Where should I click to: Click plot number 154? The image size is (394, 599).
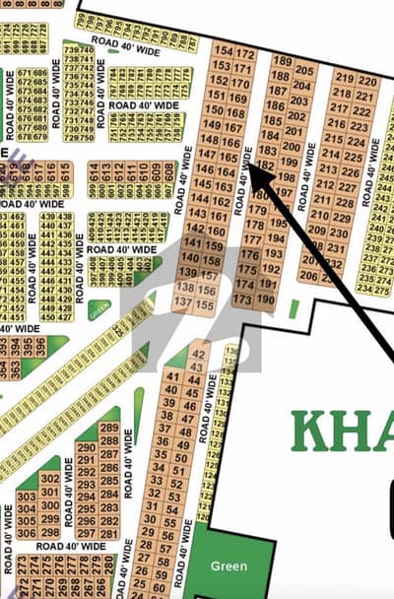tap(223, 52)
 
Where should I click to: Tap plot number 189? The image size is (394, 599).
tap(281, 62)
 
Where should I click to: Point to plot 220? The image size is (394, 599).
tap(367, 79)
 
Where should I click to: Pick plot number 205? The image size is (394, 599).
tap(305, 70)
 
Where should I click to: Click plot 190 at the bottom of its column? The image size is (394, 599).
tap(266, 299)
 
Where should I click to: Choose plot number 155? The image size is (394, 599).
tap(206, 305)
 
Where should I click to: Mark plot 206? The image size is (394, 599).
tap(308, 277)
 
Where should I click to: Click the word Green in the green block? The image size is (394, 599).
tap(229, 566)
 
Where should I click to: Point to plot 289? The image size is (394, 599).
tap(109, 428)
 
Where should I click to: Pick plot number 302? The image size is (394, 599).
tap(50, 478)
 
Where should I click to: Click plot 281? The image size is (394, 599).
tap(109, 534)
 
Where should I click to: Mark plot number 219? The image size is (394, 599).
tap(344, 78)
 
